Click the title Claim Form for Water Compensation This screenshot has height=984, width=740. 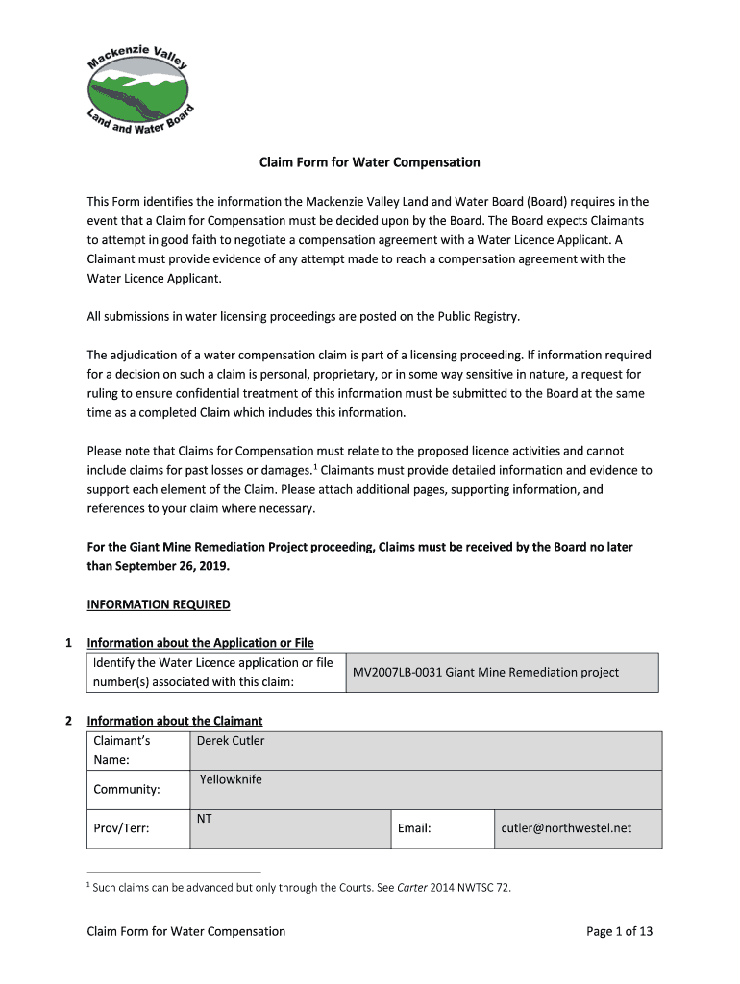(x=370, y=162)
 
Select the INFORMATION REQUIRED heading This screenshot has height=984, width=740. (x=159, y=604)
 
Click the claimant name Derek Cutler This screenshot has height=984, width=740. (x=231, y=741)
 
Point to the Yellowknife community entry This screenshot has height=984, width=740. (x=231, y=779)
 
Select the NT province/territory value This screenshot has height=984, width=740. (x=205, y=819)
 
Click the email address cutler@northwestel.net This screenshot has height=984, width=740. (x=566, y=828)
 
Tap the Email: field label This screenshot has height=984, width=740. (x=413, y=828)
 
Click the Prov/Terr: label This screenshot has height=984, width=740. (x=121, y=828)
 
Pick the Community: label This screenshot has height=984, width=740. (x=127, y=789)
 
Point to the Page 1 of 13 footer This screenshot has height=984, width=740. (x=620, y=931)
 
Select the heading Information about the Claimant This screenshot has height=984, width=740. (x=175, y=721)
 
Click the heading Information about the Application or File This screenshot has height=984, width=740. (x=200, y=643)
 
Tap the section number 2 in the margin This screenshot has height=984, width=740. (x=68, y=721)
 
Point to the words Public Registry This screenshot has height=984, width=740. (x=479, y=316)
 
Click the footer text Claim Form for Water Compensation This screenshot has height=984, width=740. (x=186, y=931)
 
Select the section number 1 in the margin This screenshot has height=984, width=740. (x=68, y=643)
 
